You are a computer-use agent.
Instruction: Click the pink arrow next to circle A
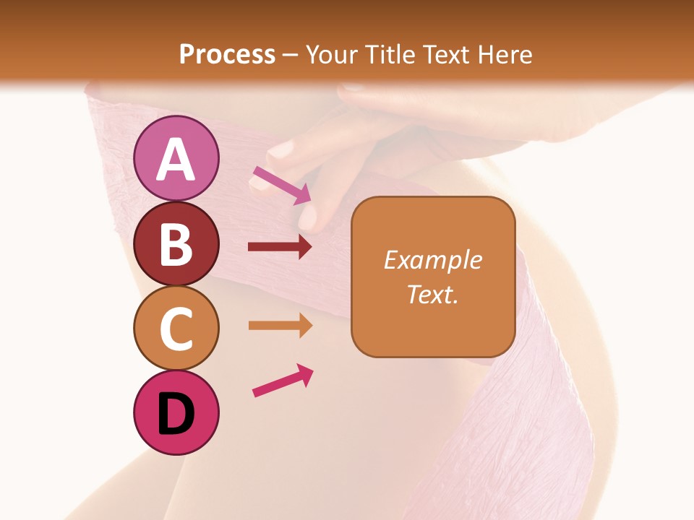click(x=282, y=185)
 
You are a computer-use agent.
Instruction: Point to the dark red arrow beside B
click(x=280, y=247)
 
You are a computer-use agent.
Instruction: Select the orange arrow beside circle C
click(x=280, y=326)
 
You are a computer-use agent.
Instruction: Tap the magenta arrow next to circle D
click(x=283, y=380)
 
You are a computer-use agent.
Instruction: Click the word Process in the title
click(x=227, y=54)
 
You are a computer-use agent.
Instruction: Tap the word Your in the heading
click(x=330, y=54)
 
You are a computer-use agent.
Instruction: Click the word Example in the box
click(x=432, y=260)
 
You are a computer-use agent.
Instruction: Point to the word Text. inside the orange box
click(x=432, y=294)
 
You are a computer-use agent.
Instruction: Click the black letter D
click(x=176, y=415)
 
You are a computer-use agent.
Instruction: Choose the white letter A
click(x=176, y=160)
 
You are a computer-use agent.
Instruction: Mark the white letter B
click(x=176, y=244)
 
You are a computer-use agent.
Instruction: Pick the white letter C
click(x=176, y=329)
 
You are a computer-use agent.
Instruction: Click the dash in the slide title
click(x=291, y=55)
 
